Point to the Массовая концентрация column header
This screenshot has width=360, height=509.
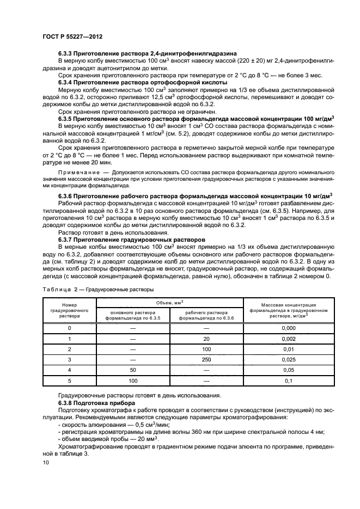(x=282, y=310)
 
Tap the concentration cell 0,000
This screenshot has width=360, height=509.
(x=282, y=328)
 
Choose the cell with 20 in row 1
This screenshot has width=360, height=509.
(x=206, y=338)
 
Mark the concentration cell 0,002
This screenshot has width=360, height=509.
(x=282, y=338)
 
